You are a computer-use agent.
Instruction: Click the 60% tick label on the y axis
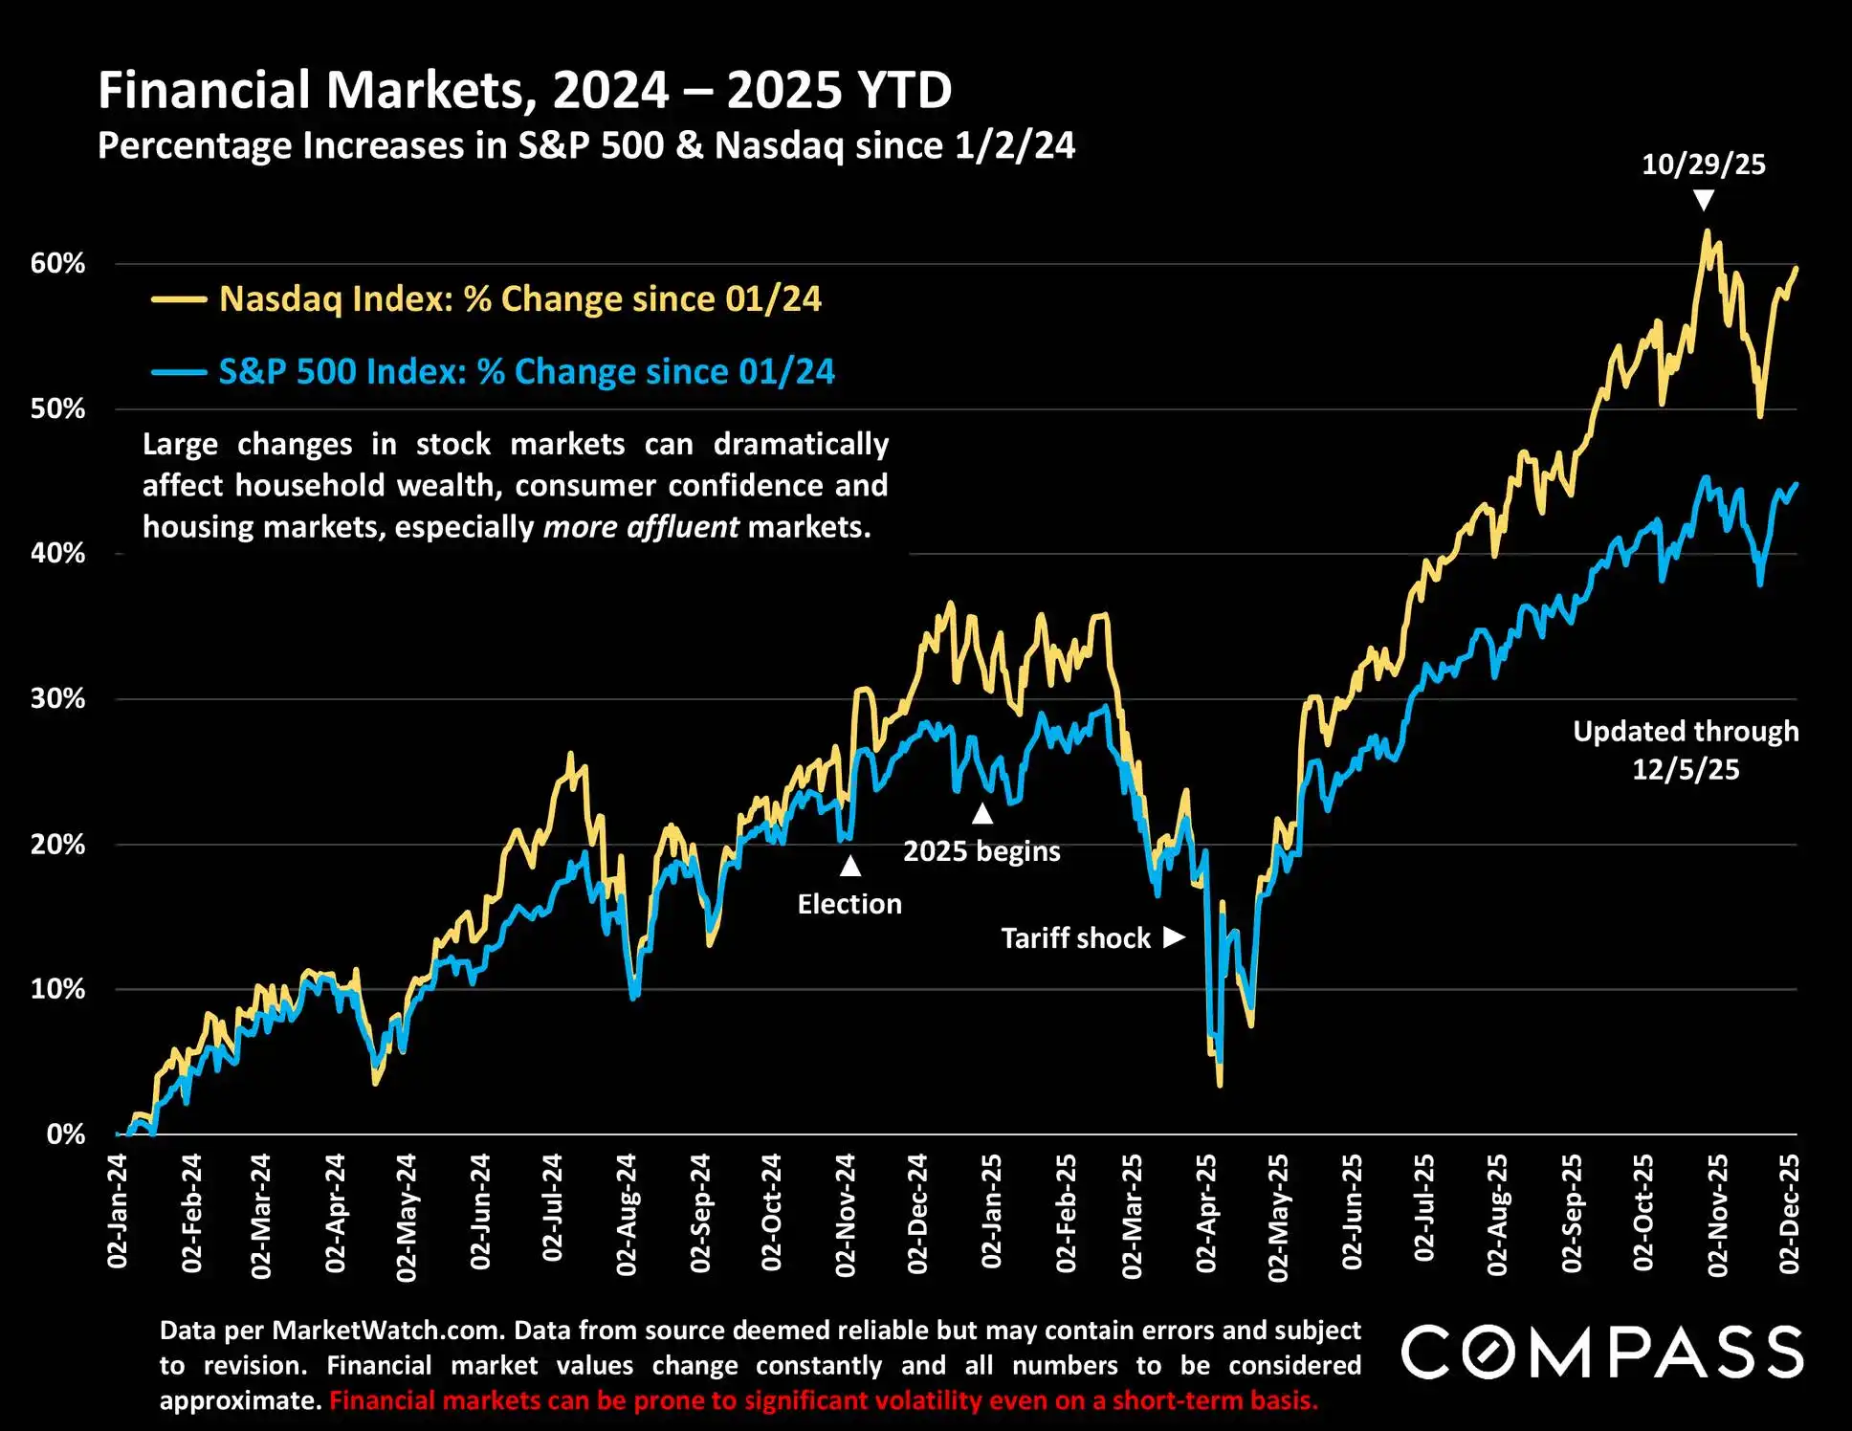(57, 264)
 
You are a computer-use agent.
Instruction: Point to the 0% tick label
(65, 1134)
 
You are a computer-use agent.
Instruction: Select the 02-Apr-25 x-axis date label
(1206, 1213)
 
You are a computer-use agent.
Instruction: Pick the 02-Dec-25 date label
(1789, 1213)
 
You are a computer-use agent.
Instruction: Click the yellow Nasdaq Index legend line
(179, 299)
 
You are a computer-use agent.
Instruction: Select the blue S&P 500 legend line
(179, 372)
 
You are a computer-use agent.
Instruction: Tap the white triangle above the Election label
(849, 866)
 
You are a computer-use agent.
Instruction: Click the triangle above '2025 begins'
(982, 814)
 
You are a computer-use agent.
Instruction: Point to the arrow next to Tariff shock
(1174, 936)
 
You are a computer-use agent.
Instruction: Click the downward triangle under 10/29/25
(1703, 200)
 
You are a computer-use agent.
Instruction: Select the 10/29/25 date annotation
(1703, 165)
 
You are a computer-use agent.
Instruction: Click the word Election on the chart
(849, 904)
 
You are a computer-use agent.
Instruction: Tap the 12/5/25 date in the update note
(1685, 769)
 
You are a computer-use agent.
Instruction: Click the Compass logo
(1602, 1352)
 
